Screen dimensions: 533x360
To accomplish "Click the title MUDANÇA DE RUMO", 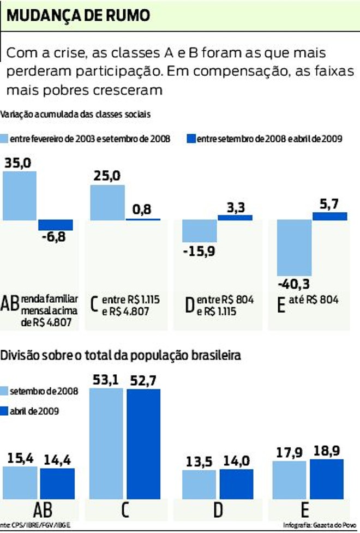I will [x=78, y=16].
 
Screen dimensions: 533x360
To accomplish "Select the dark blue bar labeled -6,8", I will [x=55, y=225].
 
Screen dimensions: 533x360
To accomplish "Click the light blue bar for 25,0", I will [x=107, y=202].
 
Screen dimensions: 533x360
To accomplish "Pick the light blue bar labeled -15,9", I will [x=200, y=231].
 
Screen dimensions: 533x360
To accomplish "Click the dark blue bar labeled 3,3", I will [x=235, y=217].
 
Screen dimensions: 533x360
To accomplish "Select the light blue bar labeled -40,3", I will [x=295, y=248].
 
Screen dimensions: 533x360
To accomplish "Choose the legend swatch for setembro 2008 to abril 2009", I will [x=191, y=139].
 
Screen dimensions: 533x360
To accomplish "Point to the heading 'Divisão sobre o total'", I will [x=120, y=356].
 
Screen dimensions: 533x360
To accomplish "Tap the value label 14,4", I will [x=57, y=458].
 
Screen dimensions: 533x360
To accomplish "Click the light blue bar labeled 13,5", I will [x=200, y=483].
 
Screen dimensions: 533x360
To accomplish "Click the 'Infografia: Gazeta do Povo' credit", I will [x=319, y=525].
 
